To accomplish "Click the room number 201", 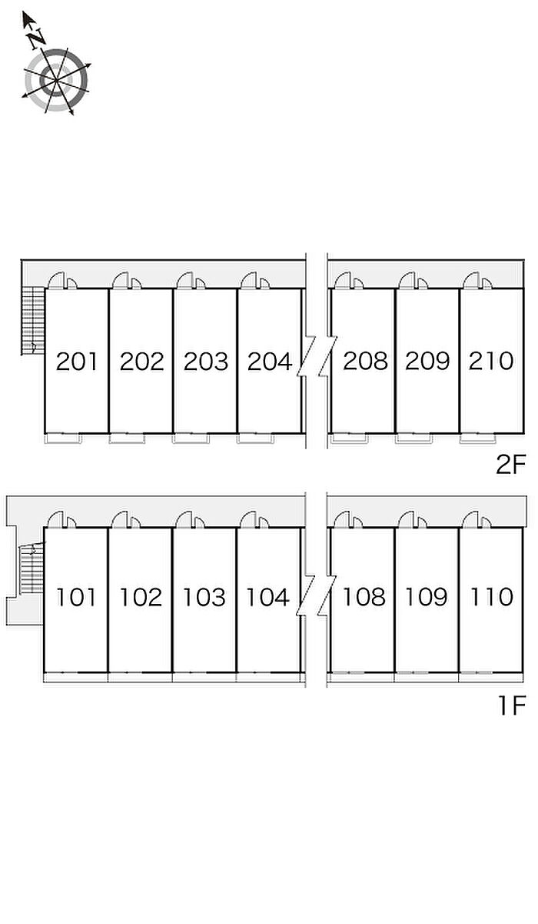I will pyautogui.click(x=77, y=361).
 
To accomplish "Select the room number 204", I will pyautogui.click(x=269, y=361).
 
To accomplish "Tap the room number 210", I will pyautogui.click(x=490, y=361).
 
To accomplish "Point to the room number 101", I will pyautogui.click(x=76, y=597).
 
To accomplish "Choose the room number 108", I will pyautogui.click(x=364, y=597).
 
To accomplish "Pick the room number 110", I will pyautogui.click(x=491, y=597).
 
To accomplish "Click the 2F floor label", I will pyautogui.click(x=509, y=465).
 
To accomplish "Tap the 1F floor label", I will pyautogui.click(x=510, y=705).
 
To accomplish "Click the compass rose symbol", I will pyautogui.click(x=56, y=79).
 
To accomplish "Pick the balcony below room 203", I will pyautogui.click(x=190, y=439).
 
